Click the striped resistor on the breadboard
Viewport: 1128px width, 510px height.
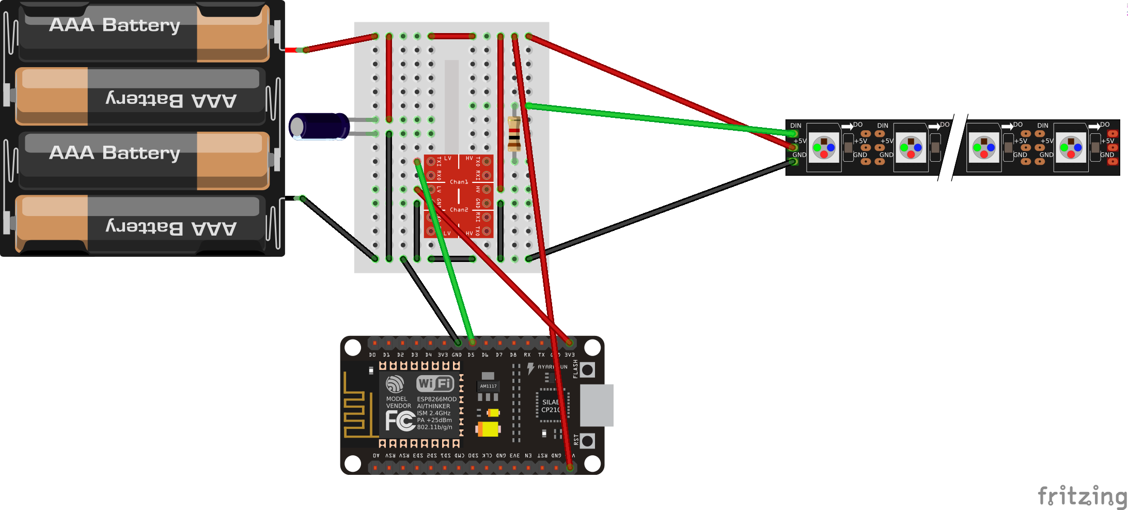coord(514,133)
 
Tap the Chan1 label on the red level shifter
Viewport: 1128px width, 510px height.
coord(459,182)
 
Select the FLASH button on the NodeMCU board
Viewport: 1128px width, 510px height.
coord(588,370)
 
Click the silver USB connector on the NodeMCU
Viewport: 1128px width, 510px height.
coord(597,405)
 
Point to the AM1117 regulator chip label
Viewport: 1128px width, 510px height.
coord(488,386)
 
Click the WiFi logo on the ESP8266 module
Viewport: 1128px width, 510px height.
coord(435,383)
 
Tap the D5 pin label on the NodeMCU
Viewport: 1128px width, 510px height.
coord(471,355)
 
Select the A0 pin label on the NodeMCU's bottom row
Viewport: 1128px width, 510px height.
coord(376,456)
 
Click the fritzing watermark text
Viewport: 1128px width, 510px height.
coord(1082,496)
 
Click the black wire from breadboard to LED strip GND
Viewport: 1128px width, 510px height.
coord(661,209)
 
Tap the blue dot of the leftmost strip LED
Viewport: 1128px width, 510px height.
coord(831,148)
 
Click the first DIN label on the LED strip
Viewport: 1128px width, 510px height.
coord(795,126)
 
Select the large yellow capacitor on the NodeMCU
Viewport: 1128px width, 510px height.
coord(488,429)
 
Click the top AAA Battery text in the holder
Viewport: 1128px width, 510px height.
coord(115,25)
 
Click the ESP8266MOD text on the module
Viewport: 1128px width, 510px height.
coord(436,399)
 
